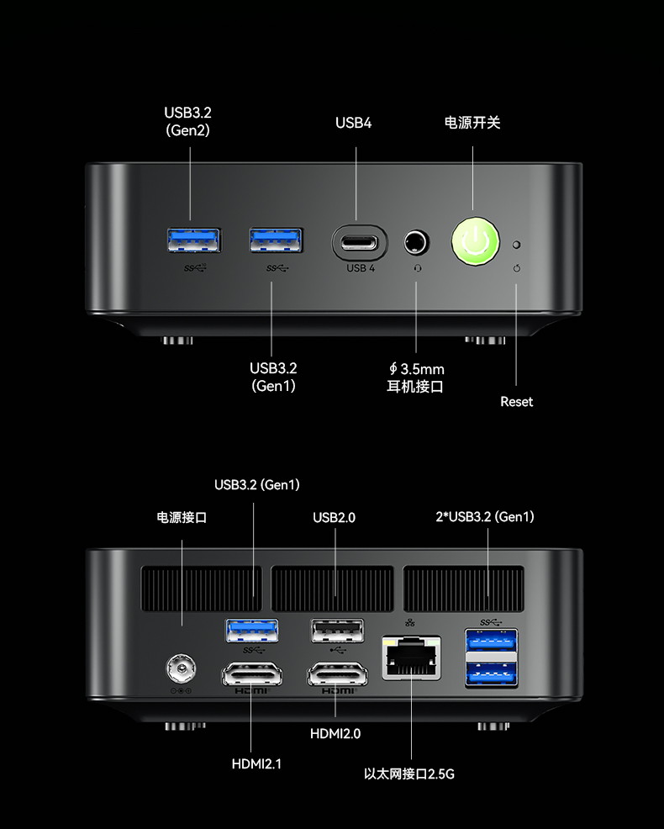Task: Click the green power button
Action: [x=475, y=241]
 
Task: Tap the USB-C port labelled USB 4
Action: [x=360, y=243]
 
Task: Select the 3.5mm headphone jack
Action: [x=416, y=243]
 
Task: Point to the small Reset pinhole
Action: [x=517, y=245]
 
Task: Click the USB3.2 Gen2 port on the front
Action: [x=193, y=241]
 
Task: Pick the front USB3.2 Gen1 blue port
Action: [x=276, y=240]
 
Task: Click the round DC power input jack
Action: [x=181, y=669]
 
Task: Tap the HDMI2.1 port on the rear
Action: [x=251, y=675]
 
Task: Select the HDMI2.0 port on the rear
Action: [x=337, y=675]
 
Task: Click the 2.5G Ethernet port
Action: [x=411, y=658]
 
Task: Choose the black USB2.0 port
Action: [x=337, y=631]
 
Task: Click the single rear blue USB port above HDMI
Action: [x=252, y=631]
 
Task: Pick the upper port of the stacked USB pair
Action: [x=491, y=641]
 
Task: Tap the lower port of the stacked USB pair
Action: [x=491, y=673]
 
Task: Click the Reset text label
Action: [x=517, y=402]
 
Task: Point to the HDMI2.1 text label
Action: [x=256, y=764]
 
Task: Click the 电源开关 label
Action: [x=472, y=123]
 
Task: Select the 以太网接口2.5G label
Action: [x=409, y=774]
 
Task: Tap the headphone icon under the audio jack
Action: [x=418, y=268]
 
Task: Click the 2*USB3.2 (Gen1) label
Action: [x=485, y=516]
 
